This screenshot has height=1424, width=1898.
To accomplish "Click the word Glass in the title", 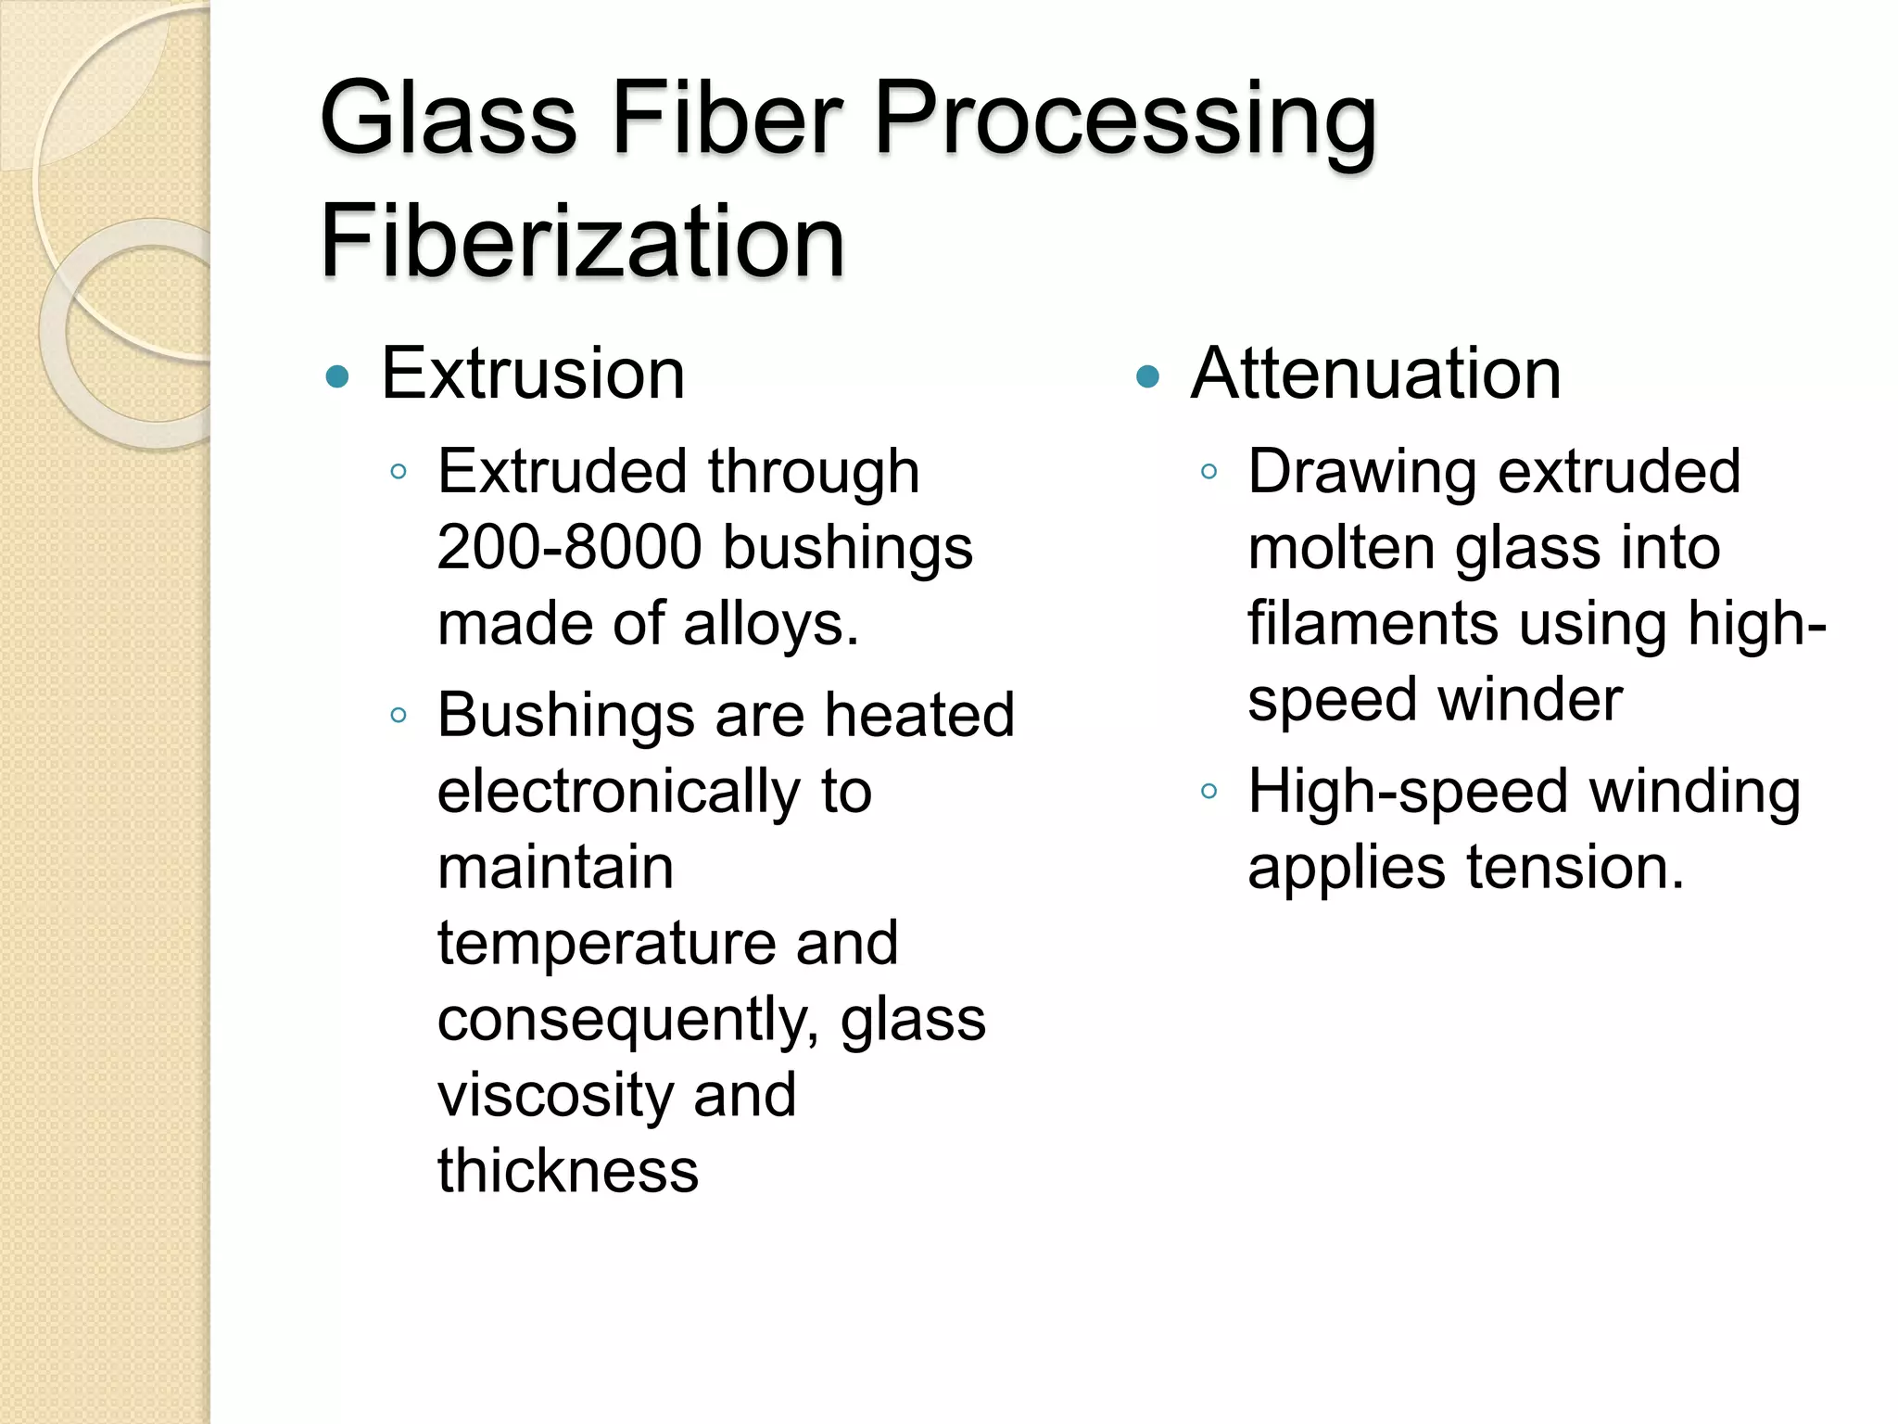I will pos(449,121).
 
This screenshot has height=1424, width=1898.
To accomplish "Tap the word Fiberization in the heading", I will pos(582,242).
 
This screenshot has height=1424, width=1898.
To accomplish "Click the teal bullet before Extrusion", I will pos(338,377).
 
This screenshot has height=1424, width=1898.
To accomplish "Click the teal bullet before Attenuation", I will pos(1147,377).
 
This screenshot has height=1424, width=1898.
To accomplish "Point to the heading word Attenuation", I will pos(1375,374).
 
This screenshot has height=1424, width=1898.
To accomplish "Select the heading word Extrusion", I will pos(533,374).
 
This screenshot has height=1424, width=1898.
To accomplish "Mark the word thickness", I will pos(568,1171).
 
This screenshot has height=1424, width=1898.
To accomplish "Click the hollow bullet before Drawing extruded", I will pos(1208,472).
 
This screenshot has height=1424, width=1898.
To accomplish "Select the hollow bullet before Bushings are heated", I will pos(399,716).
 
